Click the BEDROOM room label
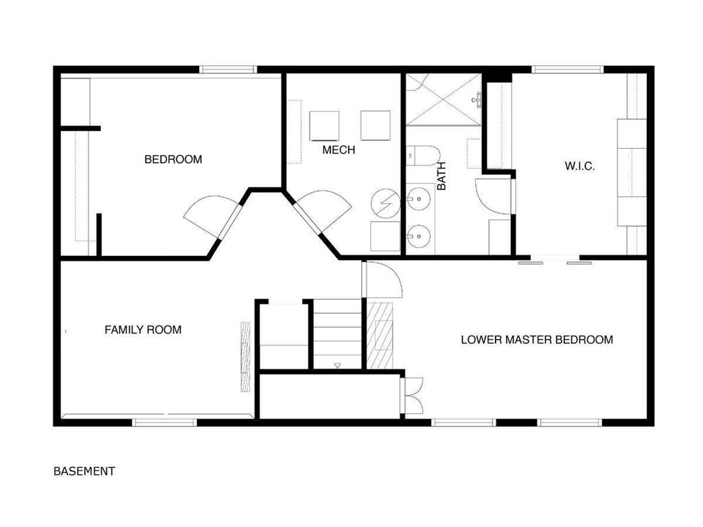(173, 159)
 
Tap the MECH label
(338, 150)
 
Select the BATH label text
(441, 176)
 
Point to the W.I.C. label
(579, 166)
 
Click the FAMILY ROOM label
(143, 330)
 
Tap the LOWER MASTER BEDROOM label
(537, 340)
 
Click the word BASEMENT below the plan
(84, 471)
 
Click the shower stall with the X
(443, 100)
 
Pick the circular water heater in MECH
(386, 203)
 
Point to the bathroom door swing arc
(493, 196)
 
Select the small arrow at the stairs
(338, 366)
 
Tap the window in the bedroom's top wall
(228, 69)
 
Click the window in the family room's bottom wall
(165, 422)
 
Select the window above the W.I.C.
(568, 69)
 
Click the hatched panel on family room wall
(246, 357)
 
